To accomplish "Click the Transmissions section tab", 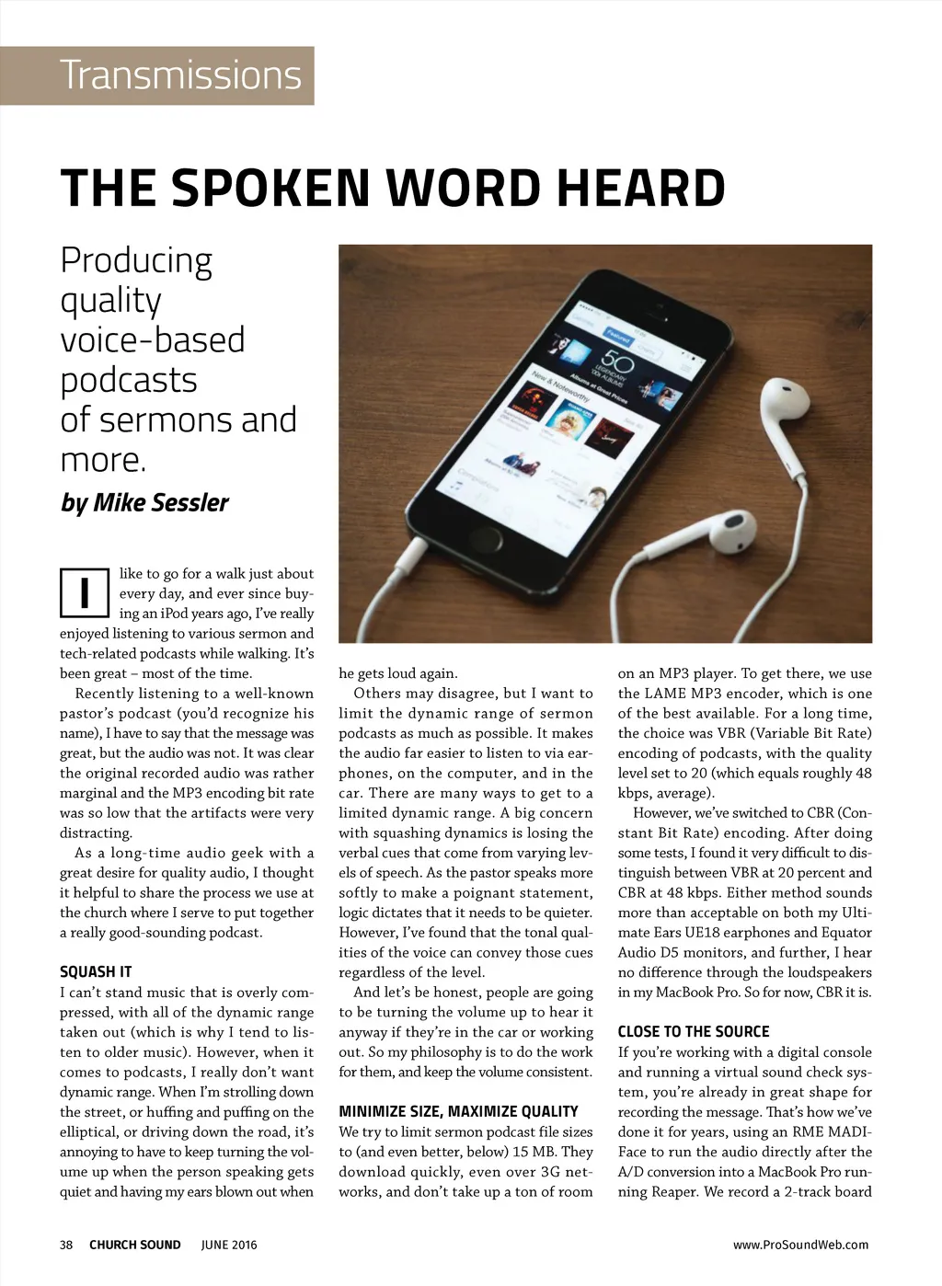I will tap(180, 75).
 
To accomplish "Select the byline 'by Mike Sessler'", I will tap(144, 502).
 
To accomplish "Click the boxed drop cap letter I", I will tap(85, 592).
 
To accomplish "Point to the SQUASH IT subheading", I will tap(96, 971).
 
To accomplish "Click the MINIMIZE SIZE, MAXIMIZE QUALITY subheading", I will tap(458, 1111).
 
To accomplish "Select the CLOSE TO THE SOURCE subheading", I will tap(694, 1031).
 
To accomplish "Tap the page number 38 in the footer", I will tap(66, 1245).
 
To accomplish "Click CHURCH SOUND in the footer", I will tap(135, 1245).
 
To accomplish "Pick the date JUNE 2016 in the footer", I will tap(229, 1245).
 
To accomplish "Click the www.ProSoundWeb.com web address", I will tap(800, 1245).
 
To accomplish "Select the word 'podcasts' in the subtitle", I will tap(129, 380).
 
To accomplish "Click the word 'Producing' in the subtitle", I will tap(136, 260).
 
